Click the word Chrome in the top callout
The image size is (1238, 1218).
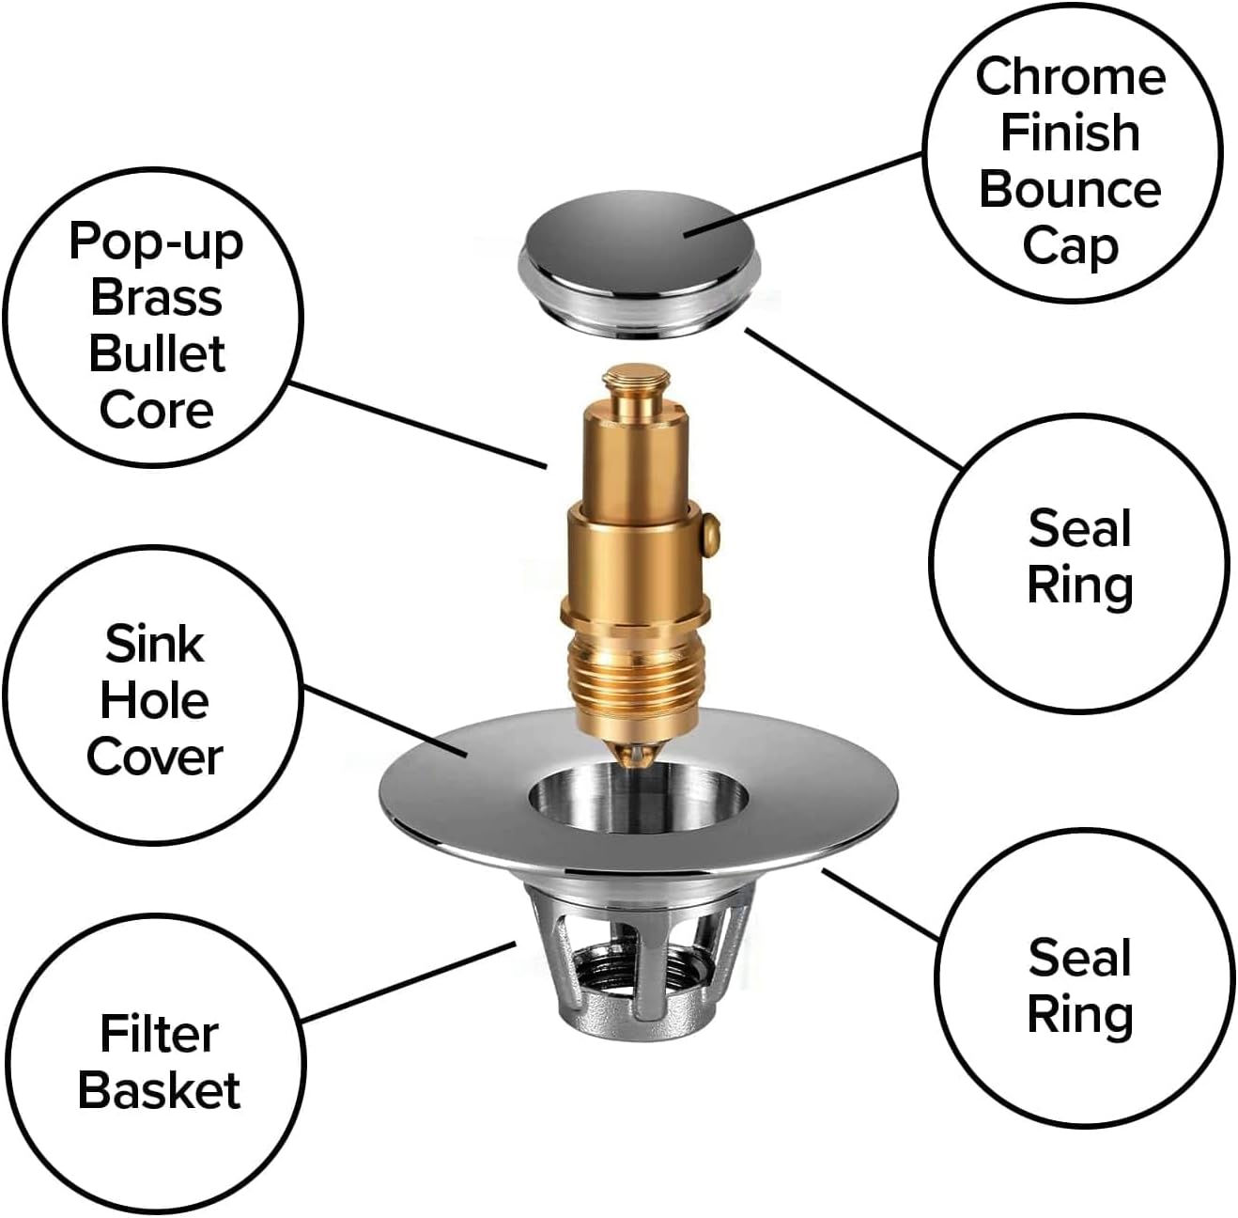pyautogui.click(x=1070, y=76)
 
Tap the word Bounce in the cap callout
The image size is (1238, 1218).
pyautogui.click(x=1070, y=191)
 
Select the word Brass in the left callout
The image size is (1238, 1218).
pyautogui.click(x=156, y=297)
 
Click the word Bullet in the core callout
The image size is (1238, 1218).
pyautogui.click(x=157, y=353)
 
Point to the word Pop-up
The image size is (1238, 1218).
pyautogui.click(x=156, y=243)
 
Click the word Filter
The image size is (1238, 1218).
pyautogui.click(x=159, y=1035)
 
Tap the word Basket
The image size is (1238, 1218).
pyautogui.click(x=159, y=1091)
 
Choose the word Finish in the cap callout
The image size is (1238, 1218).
pyautogui.click(x=1070, y=133)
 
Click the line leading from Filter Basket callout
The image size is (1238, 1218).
pyautogui.click(x=409, y=983)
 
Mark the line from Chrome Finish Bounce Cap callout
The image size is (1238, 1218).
pyautogui.click(x=803, y=195)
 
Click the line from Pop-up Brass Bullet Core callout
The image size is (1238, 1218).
pyautogui.click(x=418, y=426)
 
